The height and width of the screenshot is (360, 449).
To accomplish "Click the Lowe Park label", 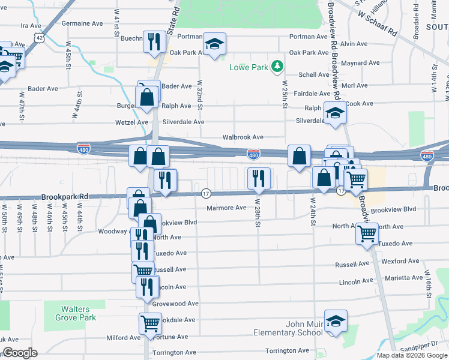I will pyautogui.click(x=249, y=67).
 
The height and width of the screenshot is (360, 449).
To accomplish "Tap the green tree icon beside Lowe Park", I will pyautogui.click(x=277, y=65).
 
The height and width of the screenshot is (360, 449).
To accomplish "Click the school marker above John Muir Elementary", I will pyautogui.click(x=336, y=320).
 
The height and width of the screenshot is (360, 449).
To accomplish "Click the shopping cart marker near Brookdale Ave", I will pyautogui.click(x=150, y=323).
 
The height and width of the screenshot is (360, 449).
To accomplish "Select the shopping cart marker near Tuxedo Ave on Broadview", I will pyautogui.click(x=367, y=233).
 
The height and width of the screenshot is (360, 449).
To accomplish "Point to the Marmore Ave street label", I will pyautogui.click(x=226, y=208).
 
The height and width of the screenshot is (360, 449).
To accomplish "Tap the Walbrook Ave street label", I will pyautogui.click(x=243, y=137).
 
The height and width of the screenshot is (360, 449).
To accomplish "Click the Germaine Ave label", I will pyautogui.click(x=82, y=24).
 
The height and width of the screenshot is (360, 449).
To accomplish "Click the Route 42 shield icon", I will pyautogui.click(x=39, y=37).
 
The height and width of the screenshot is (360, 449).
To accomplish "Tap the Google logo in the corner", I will pyautogui.click(x=19, y=353).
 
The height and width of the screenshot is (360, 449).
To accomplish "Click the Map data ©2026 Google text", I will pyautogui.click(x=412, y=355).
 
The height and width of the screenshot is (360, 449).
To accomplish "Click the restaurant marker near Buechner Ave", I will pyautogui.click(x=155, y=41).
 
